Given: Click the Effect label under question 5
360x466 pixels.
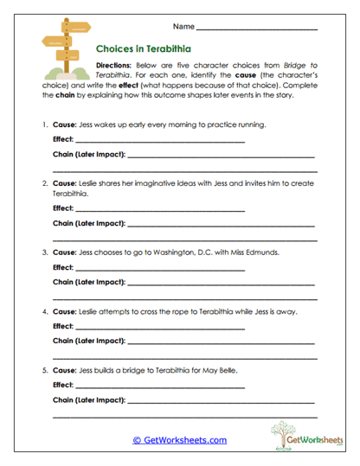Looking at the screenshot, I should pos(62,383).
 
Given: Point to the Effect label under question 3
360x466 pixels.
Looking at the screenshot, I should pos(62,267).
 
